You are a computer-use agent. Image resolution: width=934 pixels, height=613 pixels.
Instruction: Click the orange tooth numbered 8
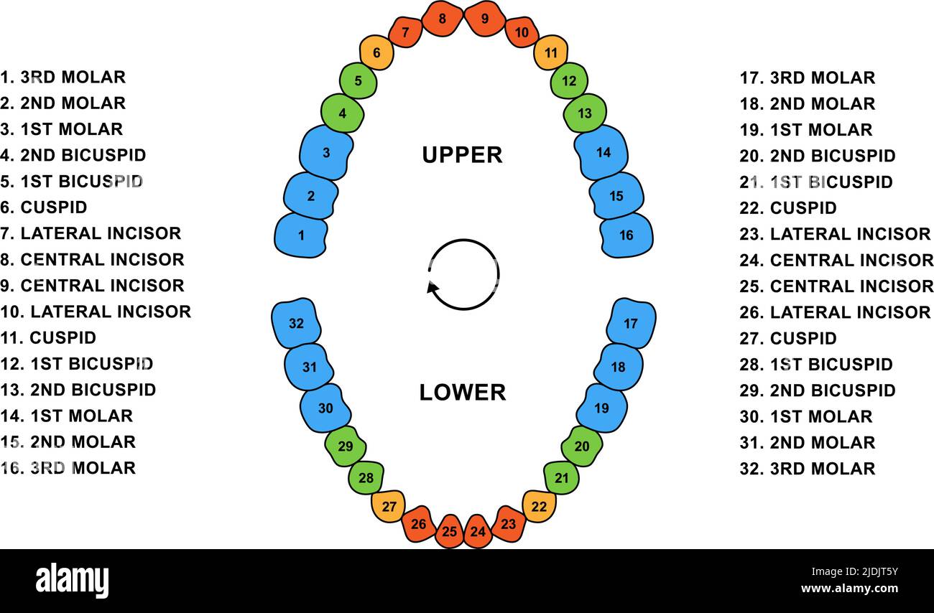pos(442,19)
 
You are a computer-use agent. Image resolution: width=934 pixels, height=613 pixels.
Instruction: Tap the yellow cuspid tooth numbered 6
pos(376,52)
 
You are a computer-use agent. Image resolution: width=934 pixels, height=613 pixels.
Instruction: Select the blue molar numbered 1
pos(301,235)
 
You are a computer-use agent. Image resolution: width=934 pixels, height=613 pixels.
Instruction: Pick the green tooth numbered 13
pos(585,113)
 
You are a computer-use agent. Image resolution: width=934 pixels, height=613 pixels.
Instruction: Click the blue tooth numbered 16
pos(626,235)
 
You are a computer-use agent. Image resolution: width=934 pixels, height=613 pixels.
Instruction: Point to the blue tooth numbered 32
pos(296,323)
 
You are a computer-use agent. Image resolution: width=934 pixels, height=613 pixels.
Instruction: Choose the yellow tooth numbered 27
pos(389,506)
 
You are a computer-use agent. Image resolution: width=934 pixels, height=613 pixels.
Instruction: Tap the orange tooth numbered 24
pos(478,532)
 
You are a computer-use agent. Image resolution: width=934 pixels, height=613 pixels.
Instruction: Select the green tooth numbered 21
pos(561,478)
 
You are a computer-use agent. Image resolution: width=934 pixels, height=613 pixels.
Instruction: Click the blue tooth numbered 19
pos(601,408)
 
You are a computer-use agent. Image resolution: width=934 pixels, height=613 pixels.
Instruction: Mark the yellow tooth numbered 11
pos(551,52)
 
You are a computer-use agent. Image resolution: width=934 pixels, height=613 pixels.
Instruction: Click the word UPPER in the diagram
pos(462,154)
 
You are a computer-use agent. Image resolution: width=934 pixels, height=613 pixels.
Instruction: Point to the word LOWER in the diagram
pos(463,392)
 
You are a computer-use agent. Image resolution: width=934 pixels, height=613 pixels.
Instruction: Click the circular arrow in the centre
pos(463,275)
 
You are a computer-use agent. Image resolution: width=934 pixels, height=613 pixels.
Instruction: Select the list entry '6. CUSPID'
pos(44,207)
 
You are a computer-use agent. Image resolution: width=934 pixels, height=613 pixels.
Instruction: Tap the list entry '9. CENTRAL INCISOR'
pos(93,286)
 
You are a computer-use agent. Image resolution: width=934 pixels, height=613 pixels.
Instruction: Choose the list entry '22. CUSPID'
pos(788,208)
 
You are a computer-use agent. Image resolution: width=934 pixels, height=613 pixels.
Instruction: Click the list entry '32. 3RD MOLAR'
pos(808,469)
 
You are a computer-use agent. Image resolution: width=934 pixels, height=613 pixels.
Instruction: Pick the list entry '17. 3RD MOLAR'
pos(808,78)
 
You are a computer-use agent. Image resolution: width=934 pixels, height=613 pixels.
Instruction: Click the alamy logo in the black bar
pos(73,581)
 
